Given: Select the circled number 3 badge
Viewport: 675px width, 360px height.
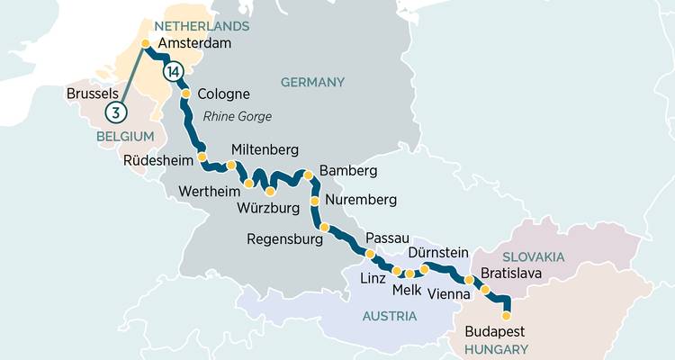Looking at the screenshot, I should click(114, 112).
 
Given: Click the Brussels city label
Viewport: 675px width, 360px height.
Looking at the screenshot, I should click(94, 93).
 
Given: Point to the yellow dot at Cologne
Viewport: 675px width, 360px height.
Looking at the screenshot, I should click(185, 94).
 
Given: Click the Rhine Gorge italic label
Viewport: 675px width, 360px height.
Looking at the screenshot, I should click(237, 116).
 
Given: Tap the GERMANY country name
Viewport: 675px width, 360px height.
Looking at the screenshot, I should click(312, 82).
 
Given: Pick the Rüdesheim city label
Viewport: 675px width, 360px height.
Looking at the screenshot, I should click(159, 162).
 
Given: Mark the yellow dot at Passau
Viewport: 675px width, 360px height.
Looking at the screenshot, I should click(370, 254).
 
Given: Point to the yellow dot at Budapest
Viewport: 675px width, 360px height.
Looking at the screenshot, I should click(505, 315).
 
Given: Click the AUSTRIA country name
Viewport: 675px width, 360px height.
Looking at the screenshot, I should click(389, 316).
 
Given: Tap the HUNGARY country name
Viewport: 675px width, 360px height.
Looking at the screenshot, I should click(497, 348).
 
